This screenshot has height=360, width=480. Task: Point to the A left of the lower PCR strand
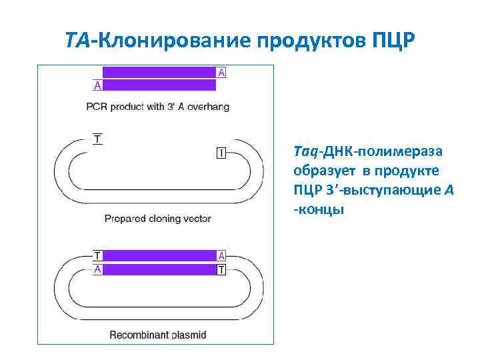97,85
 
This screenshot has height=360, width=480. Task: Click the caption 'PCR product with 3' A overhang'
158,106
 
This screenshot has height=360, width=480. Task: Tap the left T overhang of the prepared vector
98,139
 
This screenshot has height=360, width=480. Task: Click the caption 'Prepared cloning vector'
158,218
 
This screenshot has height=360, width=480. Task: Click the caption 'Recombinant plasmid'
158,335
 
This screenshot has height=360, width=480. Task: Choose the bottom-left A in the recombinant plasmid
97,269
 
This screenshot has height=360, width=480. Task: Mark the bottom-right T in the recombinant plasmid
221,269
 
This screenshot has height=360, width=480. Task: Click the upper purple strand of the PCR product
159,72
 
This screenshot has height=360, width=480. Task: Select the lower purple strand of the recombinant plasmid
159,269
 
